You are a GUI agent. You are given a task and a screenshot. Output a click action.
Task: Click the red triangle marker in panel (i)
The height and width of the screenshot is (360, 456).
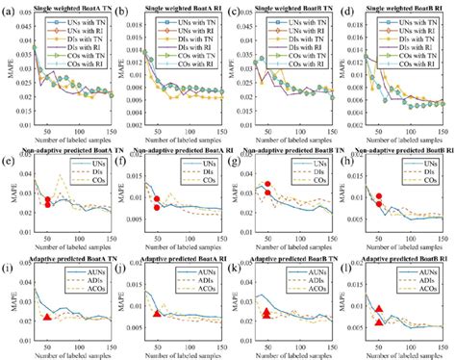click(48, 318)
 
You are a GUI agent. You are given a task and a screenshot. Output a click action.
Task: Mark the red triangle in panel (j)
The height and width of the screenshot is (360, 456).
click(158, 314)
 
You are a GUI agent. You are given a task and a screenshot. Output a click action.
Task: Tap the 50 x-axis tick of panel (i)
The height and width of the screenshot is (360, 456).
click(47, 337)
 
